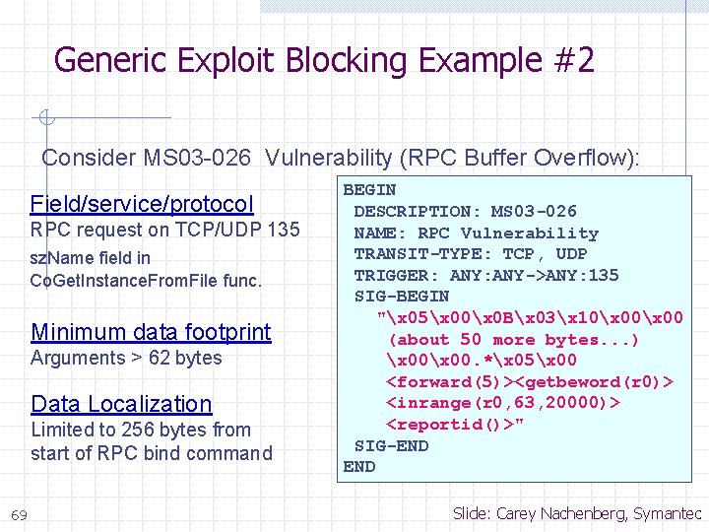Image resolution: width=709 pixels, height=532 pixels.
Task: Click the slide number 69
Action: (x=18, y=514)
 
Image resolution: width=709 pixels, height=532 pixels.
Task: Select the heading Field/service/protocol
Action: (x=142, y=204)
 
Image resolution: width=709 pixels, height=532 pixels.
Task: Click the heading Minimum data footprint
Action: (x=151, y=332)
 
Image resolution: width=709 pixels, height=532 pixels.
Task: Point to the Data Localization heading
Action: (x=121, y=404)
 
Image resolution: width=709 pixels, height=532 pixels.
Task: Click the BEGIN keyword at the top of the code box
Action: (x=369, y=189)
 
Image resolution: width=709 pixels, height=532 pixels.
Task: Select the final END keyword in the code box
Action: (x=358, y=467)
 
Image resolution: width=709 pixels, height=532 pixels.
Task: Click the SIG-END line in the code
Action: (x=391, y=445)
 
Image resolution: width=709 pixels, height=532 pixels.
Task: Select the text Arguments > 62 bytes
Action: (x=126, y=358)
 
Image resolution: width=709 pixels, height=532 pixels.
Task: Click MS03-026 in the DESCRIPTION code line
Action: (x=534, y=211)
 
